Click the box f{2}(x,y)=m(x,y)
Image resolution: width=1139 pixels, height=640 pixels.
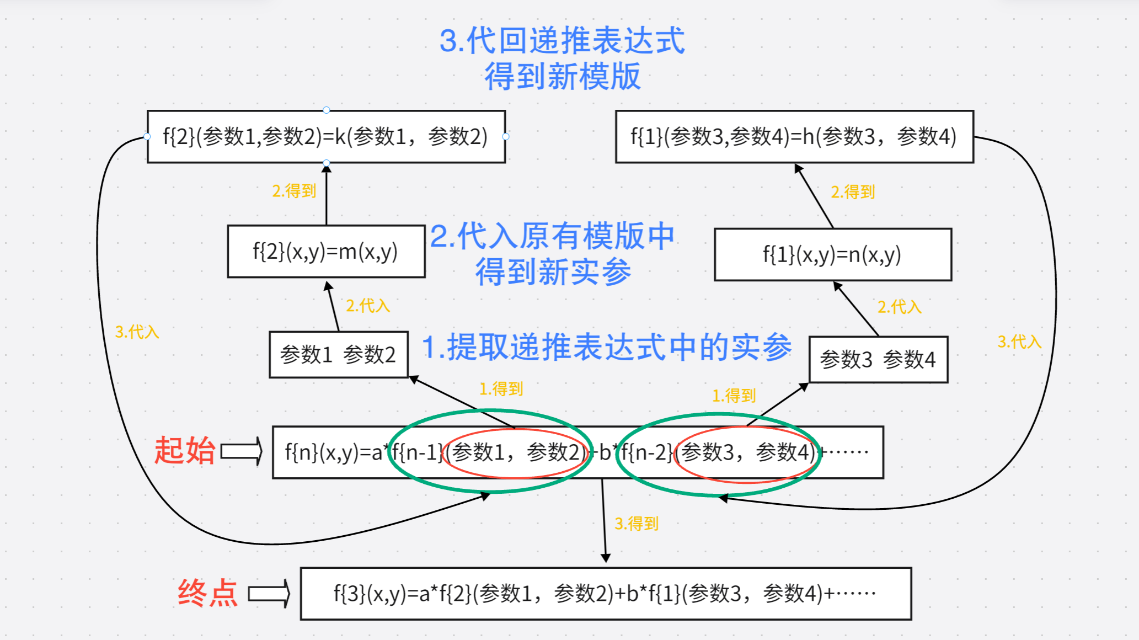[x=326, y=252]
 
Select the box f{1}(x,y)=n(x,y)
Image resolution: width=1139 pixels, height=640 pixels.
[x=832, y=255]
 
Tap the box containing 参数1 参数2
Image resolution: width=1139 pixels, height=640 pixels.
[x=338, y=355]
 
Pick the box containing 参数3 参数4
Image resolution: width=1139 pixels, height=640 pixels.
[x=878, y=360]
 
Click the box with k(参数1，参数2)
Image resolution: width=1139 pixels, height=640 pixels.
[x=326, y=137]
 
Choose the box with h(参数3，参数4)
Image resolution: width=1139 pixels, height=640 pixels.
[x=794, y=137]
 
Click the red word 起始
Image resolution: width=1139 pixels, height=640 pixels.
[x=184, y=450]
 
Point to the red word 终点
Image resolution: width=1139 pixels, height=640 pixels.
[x=207, y=594]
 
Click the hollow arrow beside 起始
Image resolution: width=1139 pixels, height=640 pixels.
[x=242, y=452]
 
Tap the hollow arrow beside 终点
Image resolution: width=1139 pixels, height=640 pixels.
[x=269, y=594]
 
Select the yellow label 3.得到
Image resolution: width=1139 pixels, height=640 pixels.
[x=637, y=524]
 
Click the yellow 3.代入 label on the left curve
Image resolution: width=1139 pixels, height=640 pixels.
[x=137, y=332]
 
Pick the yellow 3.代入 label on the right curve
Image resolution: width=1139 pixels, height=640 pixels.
[x=1019, y=342]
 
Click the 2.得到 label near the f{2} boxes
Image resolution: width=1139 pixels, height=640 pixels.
[x=294, y=191]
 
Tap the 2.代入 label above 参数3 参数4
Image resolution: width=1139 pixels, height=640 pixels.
[x=900, y=307]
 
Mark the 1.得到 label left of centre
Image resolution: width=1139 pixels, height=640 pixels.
[x=501, y=389]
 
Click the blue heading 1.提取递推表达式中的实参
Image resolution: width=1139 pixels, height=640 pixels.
[x=607, y=348]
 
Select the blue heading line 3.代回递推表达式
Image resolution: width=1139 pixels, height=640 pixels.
[x=562, y=41]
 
